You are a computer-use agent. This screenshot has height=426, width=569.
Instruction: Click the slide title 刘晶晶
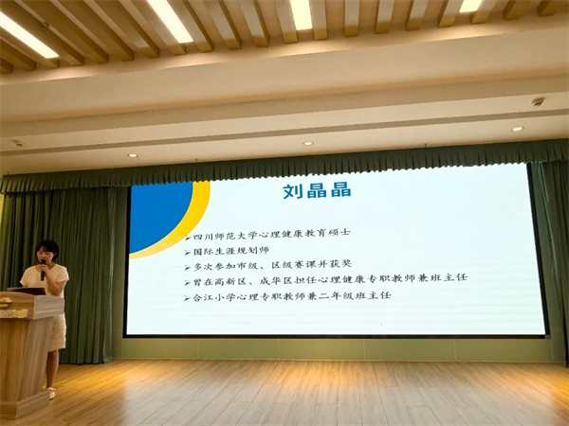tap(317, 190)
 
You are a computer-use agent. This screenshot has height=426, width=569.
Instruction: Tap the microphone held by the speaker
tap(44, 270)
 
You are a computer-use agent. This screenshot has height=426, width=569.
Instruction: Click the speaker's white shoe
tap(51, 393)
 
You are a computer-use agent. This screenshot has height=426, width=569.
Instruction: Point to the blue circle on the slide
tap(159, 217)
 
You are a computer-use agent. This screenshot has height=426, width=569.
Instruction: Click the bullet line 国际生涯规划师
tap(230, 250)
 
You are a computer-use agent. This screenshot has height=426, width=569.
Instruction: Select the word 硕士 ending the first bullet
tap(339, 232)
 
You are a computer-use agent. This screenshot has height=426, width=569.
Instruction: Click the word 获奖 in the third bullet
tap(340, 264)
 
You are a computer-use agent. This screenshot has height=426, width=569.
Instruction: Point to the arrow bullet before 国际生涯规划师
tap(188, 253)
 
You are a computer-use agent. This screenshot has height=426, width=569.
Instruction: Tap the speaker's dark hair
tap(47, 248)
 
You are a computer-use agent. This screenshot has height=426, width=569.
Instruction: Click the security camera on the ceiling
tap(538, 102)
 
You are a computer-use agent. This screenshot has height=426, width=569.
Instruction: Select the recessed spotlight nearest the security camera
tap(518, 129)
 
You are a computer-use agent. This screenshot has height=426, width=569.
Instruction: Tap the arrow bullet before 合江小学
tap(187, 299)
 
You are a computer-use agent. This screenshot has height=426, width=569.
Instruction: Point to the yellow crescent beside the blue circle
tap(189, 224)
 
